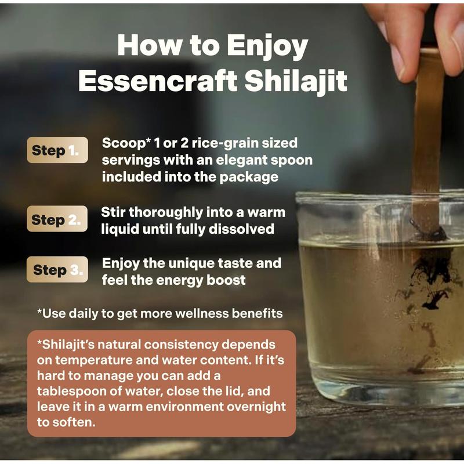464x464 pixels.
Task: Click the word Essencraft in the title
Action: [x=158, y=81]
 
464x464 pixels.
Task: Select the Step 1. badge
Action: [x=57, y=150]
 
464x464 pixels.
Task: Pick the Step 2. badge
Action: [x=57, y=219]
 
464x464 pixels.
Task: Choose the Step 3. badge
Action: [x=57, y=269]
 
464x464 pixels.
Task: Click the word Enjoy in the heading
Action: [x=268, y=46]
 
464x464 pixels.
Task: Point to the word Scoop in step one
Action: [x=124, y=143]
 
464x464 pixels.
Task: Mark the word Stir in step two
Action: [x=113, y=212]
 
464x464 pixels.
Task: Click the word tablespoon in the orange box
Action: [x=71, y=391]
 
